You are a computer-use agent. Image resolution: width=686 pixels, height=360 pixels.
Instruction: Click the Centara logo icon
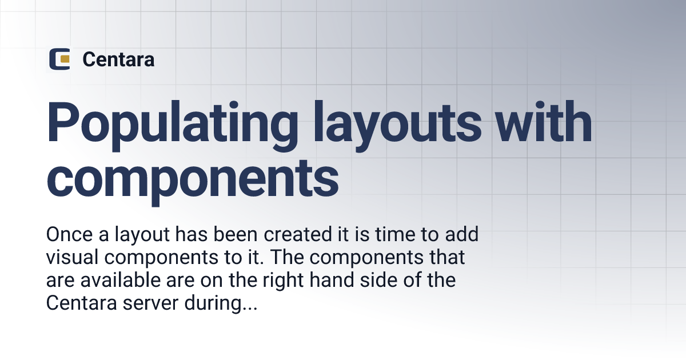(x=59, y=59)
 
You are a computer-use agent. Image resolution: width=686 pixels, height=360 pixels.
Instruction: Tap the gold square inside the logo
(x=65, y=59)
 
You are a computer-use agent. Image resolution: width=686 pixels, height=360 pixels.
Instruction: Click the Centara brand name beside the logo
(x=118, y=59)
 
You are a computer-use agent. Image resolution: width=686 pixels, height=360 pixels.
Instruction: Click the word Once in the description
(x=68, y=235)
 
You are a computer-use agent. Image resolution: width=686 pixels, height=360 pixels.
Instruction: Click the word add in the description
(x=460, y=235)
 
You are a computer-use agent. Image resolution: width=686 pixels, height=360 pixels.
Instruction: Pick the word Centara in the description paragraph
(x=81, y=304)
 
